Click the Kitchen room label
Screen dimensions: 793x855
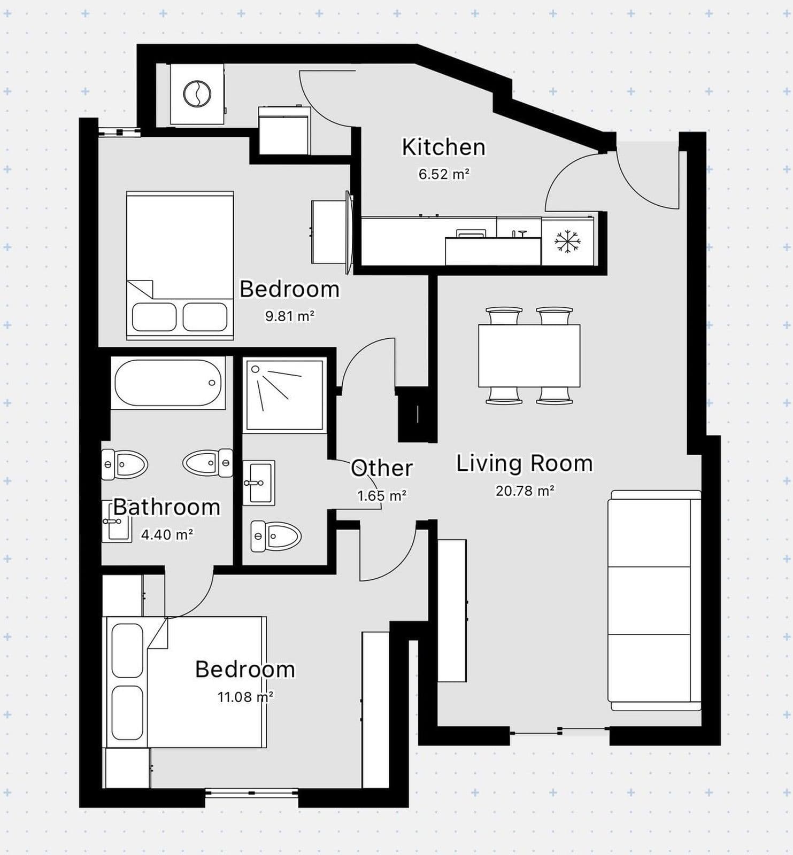tap(443, 147)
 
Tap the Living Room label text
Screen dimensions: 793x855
tap(524, 463)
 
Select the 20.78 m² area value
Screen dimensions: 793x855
tap(525, 491)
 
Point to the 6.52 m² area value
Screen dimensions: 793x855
tap(444, 174)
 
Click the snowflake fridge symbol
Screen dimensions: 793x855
tap(567, 242)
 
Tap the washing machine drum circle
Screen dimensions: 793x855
tap(197, 95)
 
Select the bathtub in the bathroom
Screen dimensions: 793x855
tap(168, 383)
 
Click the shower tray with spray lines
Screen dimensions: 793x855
tap(284, 395)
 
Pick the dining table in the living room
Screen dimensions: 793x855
tap(529, 355)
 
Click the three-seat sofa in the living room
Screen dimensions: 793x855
tap(655, 601)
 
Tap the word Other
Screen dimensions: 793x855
tap(382, 468)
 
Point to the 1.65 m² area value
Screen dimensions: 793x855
tap(382, 496)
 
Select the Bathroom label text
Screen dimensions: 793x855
tap(167, 507)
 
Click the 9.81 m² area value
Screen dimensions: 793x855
tap(289, 316)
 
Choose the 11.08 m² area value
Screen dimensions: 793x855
tap(245, 697)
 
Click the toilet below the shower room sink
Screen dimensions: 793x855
tap(276, 535)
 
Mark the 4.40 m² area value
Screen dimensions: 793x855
tap(167, 534)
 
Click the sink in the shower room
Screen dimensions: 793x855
tap(259, 483)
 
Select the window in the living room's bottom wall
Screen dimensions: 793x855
tap(559, 731)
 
